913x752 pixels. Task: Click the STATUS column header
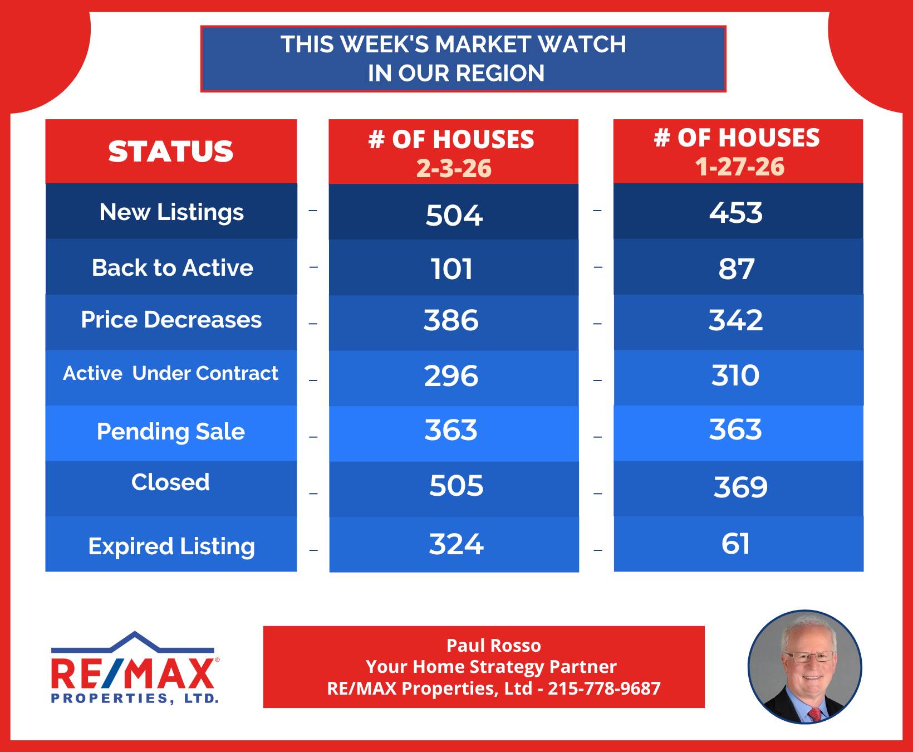pyautogui.click(x=171, y=152)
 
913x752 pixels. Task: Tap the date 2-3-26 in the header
pyautogui.click(x=454, y=168)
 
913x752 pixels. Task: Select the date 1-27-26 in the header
pyautogui.click(x=740, y=167)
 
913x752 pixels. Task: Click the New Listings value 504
pyautogui.click(x=454, y=215)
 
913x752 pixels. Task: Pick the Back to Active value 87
pyautogui.click(x=737, y=268)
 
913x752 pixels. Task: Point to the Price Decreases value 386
pyautogui.click(x=451, y=320)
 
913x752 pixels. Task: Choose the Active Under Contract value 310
pyautogui.click(x=735, y=375)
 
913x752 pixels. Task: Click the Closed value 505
pyautogui.click(x=457, y=486)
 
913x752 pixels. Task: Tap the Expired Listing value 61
pyautogui.click(x=735, y=544)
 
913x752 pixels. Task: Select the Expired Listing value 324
pyautogui.click(x=456, y=544)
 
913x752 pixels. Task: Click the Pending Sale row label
pyautogui.click(x=171, y=432)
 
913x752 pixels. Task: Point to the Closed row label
pyautogui.click(x=170, y=482)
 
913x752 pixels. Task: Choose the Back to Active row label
pyautogui.click(x=173, y=268)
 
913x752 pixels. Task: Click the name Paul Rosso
pyautogui.click(x=494, y=646)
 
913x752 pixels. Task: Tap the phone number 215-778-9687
pyautogui.click(x=604, y=688)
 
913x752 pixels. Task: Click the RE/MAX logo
pyautogui.click(x=135, y=667)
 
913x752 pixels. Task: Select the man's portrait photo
pyautogui.click(x=804, y=667)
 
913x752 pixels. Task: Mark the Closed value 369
pyautogui.click(x=740, y=487)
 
